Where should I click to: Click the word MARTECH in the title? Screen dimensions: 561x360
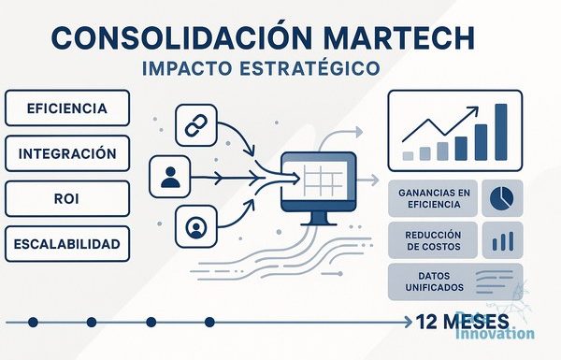(x=400, y=37)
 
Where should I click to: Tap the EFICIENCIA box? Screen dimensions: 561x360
(x=67, y=108)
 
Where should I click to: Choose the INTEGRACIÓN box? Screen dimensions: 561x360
(x=67, y=153)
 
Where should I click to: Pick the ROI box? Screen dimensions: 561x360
(x=67, y=198)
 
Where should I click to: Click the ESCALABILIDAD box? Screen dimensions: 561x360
(x=67, y=244)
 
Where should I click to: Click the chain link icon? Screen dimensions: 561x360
(x=196, y=125)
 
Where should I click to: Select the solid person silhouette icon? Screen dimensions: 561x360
(x=170, y=177)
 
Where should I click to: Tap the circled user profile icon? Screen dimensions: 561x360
(x=196, y=227)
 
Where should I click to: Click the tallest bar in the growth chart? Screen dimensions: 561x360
(x=501, y=132)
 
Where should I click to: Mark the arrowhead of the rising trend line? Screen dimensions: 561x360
(x=474, y=109)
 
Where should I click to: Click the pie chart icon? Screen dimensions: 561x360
(x=501, y=198)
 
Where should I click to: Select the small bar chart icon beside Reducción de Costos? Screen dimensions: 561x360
(x=503, y=241)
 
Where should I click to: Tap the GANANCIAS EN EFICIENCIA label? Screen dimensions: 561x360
(x=434, y=198)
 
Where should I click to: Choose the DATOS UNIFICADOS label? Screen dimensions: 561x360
(x=434, y=281)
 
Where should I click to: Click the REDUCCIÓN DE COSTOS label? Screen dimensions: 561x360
(x=433, y=240)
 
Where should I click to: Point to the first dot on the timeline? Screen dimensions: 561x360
(x=33, y=322)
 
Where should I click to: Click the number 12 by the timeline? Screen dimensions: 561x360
(x=427, y=322)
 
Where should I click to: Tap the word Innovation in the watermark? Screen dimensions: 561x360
(x=496, y=334)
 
